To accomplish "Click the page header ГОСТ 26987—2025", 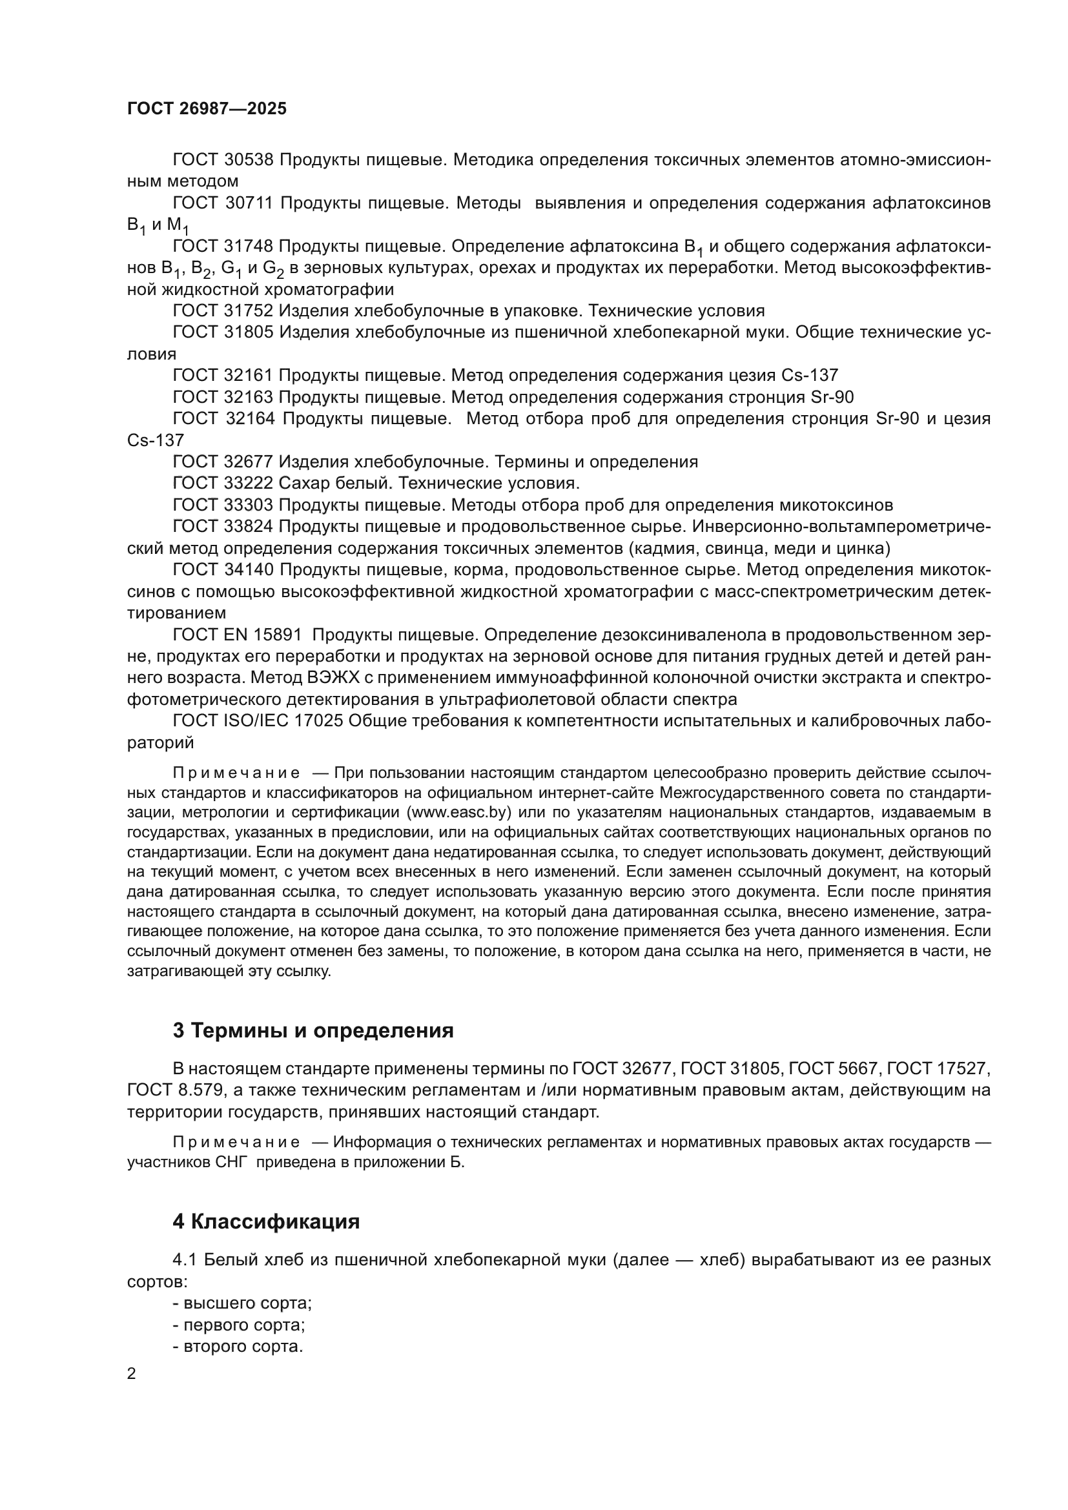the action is point(207,109).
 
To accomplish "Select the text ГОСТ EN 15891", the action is point(237,635).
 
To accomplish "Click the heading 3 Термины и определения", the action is point(313,1030).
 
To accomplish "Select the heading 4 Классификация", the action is point(265,1222).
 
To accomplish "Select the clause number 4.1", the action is point(184,1260).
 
